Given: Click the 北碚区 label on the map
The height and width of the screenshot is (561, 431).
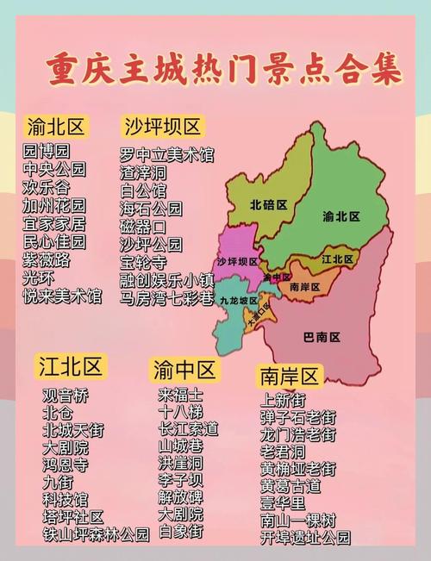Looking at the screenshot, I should point(268,205).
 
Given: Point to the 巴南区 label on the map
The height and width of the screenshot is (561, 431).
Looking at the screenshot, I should point(322,336).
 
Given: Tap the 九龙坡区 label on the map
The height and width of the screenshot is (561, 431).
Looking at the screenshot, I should point(238,301).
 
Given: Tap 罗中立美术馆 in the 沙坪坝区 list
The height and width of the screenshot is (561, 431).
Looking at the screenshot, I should point(166,155).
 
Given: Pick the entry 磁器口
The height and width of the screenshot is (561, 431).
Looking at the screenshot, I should point(143,227).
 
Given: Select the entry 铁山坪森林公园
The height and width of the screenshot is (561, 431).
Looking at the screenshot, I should point(96,535).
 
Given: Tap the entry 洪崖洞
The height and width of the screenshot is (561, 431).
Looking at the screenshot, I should point(180,463).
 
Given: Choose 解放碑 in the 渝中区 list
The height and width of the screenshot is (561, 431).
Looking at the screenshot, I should point(180,497).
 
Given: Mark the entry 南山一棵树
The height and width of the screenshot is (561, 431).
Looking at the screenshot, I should point(298,520).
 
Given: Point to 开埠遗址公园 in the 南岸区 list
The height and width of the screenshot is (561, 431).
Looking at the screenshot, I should point(306,537).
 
